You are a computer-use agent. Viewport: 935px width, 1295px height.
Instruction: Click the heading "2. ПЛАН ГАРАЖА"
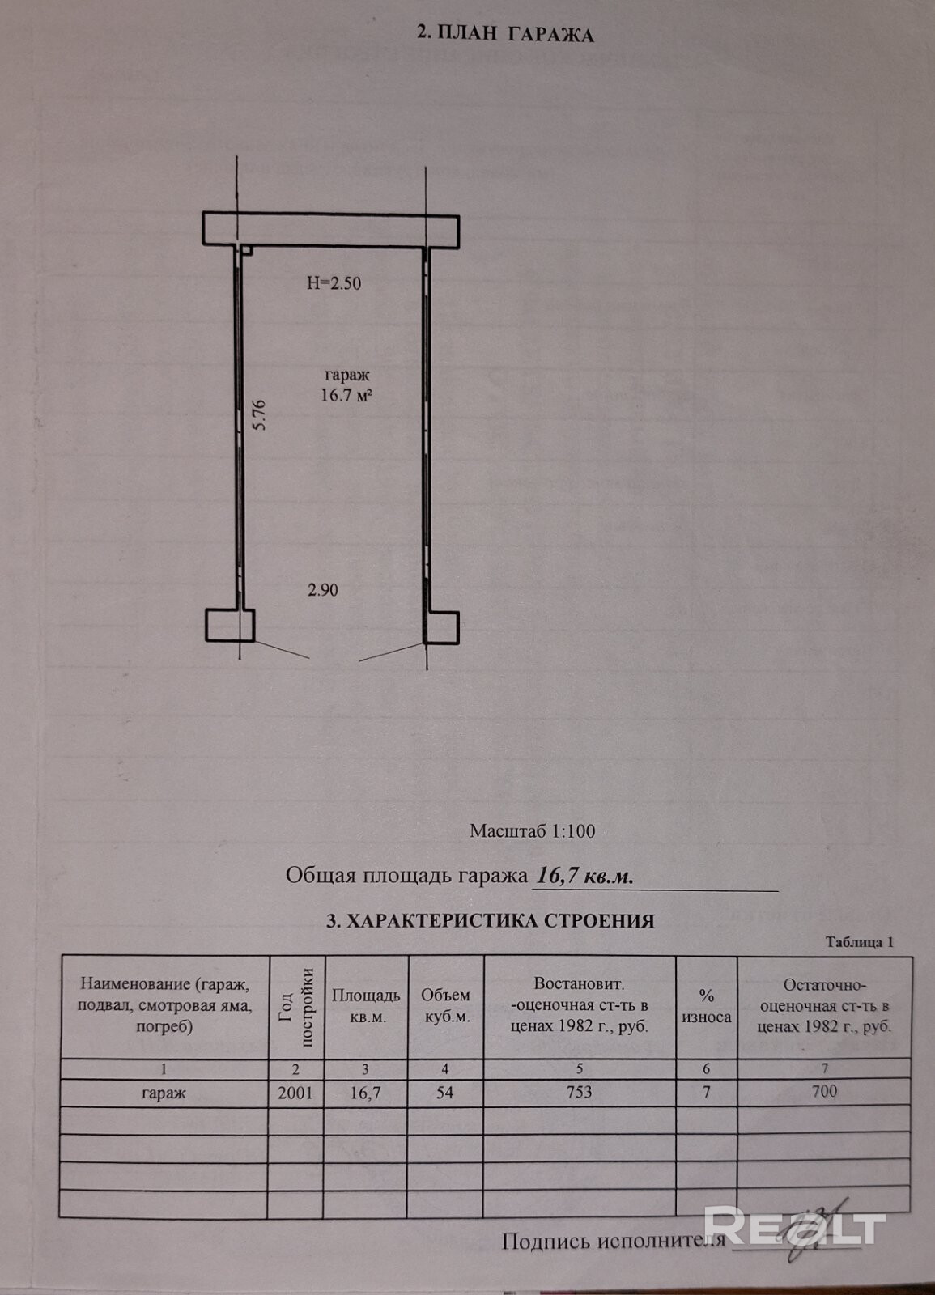[x=504, y=34]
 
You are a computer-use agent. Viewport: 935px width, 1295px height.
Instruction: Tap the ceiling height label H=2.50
[x=334, y=283]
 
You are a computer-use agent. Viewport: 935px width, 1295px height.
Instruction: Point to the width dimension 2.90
[x=322, y=590]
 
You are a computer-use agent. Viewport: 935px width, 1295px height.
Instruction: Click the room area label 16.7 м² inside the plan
[x=346, y=395]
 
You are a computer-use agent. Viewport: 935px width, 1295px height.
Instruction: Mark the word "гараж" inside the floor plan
[x=347, y=376]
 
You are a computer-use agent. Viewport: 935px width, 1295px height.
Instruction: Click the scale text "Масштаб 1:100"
[x=532, y=830]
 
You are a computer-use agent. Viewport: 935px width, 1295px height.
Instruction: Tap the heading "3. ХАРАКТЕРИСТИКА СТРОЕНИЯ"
[x=490, y=920]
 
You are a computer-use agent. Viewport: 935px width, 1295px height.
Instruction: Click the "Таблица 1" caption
[x=859, y=942]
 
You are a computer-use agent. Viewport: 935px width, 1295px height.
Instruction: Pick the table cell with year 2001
[x=295, y=1093]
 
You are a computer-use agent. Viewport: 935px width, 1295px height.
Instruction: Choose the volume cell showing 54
[x=445, y=1093]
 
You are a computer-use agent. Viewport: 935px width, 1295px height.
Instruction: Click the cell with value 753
[x=579, y=1093]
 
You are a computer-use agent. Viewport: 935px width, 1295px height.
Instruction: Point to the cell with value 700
[x=824, y=1092]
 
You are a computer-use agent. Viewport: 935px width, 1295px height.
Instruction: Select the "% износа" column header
[x=706, y=1007]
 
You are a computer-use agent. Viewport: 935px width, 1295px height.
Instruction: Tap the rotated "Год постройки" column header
[x=295, y=1007]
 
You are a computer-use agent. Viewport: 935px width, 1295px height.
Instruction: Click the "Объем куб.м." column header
[x=446, y=1006]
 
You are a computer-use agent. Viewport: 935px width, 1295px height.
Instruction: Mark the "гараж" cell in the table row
[x=164, y=1093]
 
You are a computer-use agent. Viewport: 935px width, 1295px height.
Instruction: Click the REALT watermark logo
[x=793, y=1225]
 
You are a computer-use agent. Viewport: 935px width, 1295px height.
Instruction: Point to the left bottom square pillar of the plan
[x=229, y=625]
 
